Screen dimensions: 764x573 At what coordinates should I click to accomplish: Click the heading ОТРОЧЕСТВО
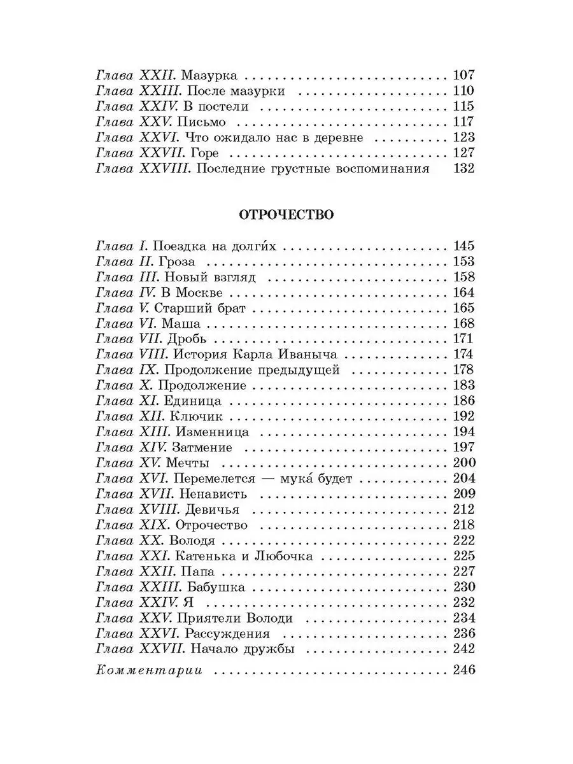(x=286, y=215)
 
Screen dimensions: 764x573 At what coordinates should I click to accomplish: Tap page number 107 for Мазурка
(x=463, y=74)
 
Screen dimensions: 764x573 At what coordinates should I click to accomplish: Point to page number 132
(x=463, y=169)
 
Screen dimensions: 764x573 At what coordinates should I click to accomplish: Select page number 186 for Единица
(x=463, y=401)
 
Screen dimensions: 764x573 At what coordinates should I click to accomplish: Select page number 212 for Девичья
(x=463, y=509)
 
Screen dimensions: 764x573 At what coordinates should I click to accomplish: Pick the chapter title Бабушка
(x=215, y=586)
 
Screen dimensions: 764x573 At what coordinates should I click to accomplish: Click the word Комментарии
(x=148, y=670)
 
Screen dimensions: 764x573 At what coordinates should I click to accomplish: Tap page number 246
(x=463, y=670)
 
